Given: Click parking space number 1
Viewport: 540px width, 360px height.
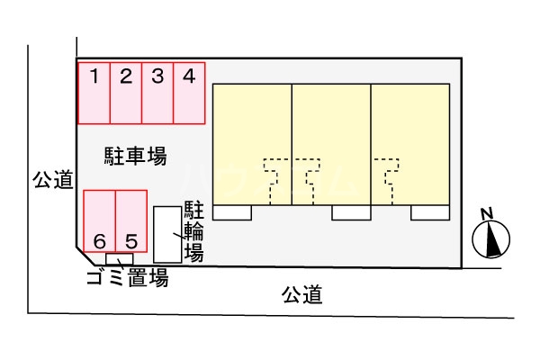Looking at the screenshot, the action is pyautogui.click(x=94, y=93).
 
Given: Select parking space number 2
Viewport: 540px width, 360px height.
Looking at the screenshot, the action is pyautogui.click(x=126, y=93).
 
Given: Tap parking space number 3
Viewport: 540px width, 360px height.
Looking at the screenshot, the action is pyautogui.click(x=157, y=93).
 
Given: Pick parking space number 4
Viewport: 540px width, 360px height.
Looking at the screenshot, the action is pyautogui.click(x=189, y=93).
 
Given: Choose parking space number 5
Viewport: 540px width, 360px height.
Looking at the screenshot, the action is pyautogui.click(x=131, y=221).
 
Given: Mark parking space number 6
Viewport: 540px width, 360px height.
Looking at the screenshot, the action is pyautogui.click(x=100, y=221).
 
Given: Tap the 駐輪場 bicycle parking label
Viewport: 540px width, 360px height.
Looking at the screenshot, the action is pyautogui.click(x=193, y=231).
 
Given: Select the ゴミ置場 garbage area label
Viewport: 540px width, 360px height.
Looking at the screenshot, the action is pyautogui.click(x=127, y=278).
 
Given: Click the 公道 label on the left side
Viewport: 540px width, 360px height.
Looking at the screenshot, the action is pyautogui.click(x=52, y=180).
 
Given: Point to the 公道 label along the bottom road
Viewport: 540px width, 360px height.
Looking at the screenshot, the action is pyautogui.click(x=301, y=294).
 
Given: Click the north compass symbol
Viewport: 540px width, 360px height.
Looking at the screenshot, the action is pyautogui.click(x=491, y=240).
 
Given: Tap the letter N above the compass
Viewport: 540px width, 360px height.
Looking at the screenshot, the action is pyautogui.click(x=487, y=214).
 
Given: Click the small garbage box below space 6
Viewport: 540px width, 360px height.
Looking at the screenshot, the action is pyautogui.click(x=120, y=259).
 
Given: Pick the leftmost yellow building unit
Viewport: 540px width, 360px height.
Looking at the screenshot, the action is pyautogui.click(x=252, y=144).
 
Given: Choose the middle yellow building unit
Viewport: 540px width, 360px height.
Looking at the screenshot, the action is pyautogui.click(x=331, y=144).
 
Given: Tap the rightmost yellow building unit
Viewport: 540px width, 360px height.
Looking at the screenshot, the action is pyautogui.click(x=410, y=144).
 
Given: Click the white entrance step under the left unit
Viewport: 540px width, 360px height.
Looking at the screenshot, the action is pyautogui.click(x=232, y=212).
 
